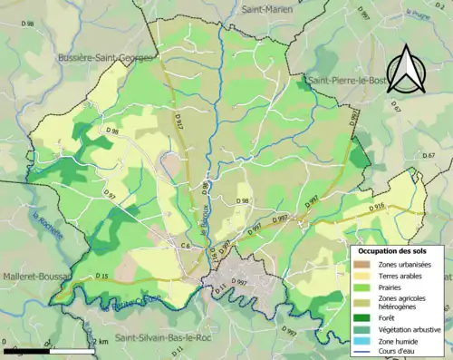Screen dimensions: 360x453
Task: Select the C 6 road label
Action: pos(184,246)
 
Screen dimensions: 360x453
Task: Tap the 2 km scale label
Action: pos(101,341)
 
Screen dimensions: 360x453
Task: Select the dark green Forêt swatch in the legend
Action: pos(364,317)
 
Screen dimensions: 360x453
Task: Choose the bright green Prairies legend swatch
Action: pos(364,289)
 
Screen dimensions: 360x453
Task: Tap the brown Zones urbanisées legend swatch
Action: pos(364,264)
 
